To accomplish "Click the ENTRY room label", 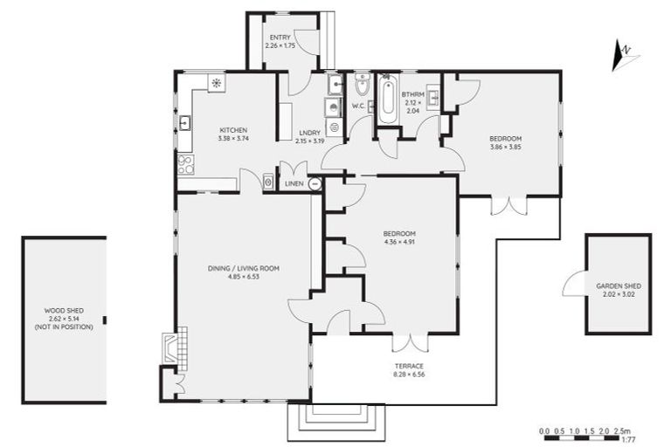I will point(280,38).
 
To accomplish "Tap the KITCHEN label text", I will point(233,129).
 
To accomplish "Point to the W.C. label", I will point(357,107).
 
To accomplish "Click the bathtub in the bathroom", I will point(385,102).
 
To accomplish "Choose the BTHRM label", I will point(413,93).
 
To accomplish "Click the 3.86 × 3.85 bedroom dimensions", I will point(505,147).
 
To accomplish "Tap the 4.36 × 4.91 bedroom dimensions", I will point(398,242).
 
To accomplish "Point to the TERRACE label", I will point(409,366).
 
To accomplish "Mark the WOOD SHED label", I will point(63,310).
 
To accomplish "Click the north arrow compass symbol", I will point(626,55).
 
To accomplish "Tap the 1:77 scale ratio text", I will point(627,439).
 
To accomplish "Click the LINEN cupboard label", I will point(294,184).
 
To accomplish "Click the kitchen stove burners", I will point(184,164).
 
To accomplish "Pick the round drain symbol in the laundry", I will point(334,127).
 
